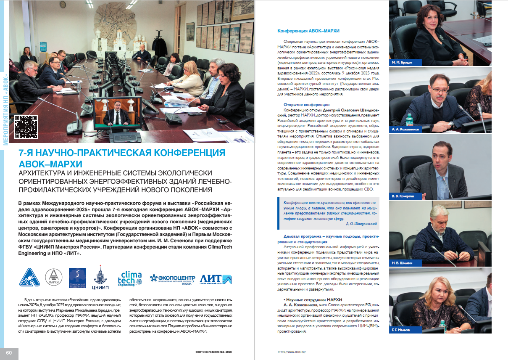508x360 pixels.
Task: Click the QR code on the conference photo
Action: click(26, 126)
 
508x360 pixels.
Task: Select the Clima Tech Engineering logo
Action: click(130, 278)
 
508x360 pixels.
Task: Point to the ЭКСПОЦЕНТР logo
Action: click(173, 278)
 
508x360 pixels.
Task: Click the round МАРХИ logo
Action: click(53, 278)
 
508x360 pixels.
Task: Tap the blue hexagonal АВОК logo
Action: click(30, 278)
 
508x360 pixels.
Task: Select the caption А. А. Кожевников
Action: click(405, 130)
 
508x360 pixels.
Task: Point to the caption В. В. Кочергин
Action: click(403, 196)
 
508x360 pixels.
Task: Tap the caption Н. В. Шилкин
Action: click(402, 263)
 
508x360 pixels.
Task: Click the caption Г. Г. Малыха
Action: click(401, 330)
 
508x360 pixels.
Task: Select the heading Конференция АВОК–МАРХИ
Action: click(308, 31)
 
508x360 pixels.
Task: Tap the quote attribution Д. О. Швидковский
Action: click(361, 224)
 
